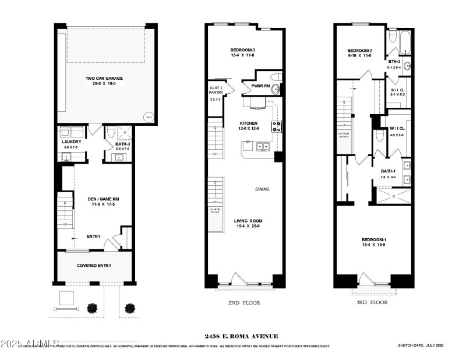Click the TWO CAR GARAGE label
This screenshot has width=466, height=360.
click(104, 79)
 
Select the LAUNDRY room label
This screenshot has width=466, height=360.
click(71, 142)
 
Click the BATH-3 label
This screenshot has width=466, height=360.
click(122, 144)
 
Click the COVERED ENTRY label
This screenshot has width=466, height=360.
click(94, 266)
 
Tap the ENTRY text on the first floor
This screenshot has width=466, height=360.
click(93, 236)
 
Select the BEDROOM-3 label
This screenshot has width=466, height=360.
click(243, 51)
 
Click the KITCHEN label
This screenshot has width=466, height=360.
click(249, 123)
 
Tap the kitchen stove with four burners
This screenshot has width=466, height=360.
click(277, 126)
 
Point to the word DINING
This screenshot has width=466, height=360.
click(262, 189)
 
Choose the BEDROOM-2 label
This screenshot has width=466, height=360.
click(359, 51)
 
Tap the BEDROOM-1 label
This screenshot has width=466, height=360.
click(373, 239)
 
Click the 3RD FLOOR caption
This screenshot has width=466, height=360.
click(373, 303)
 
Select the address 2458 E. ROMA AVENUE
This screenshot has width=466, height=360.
click(233, 336)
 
